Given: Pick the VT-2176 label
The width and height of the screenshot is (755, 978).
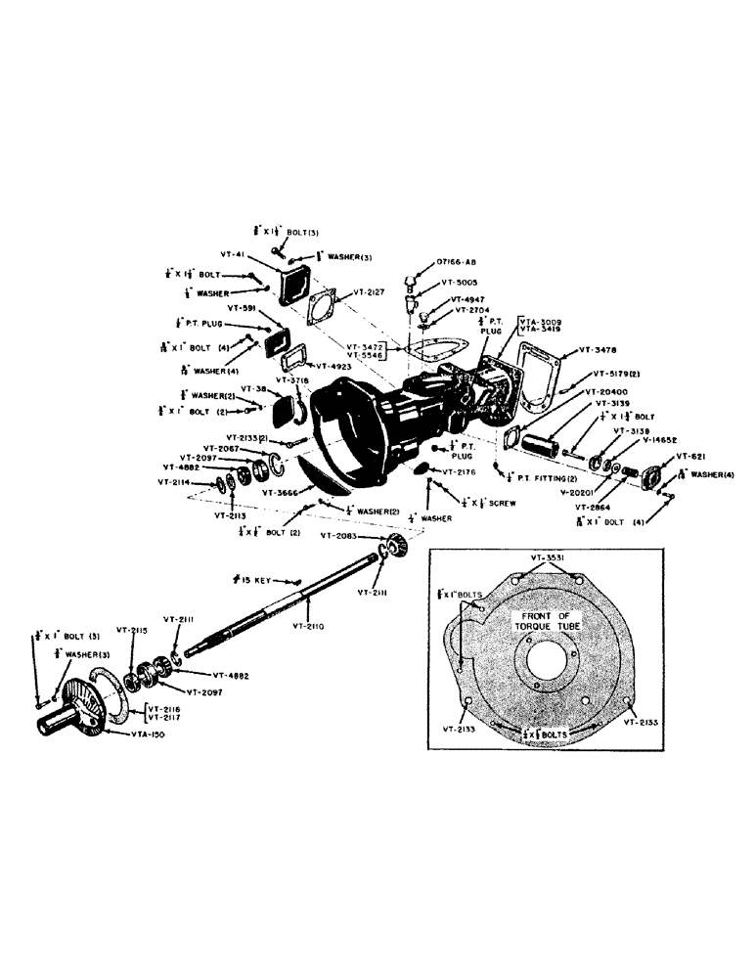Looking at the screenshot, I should point(459,472).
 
